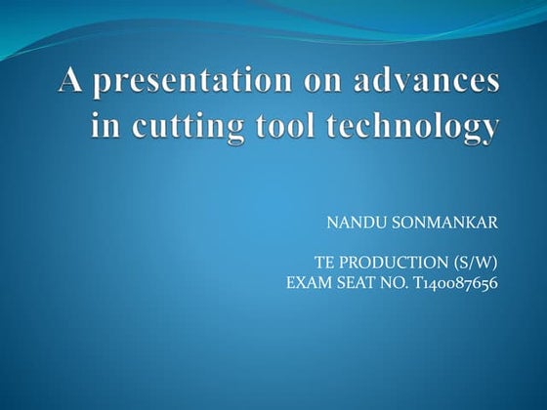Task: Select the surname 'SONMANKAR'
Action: click(x=444, y=224)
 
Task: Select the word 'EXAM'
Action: click(x=308, y=284)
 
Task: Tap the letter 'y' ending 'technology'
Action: click(x=490, y=130)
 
